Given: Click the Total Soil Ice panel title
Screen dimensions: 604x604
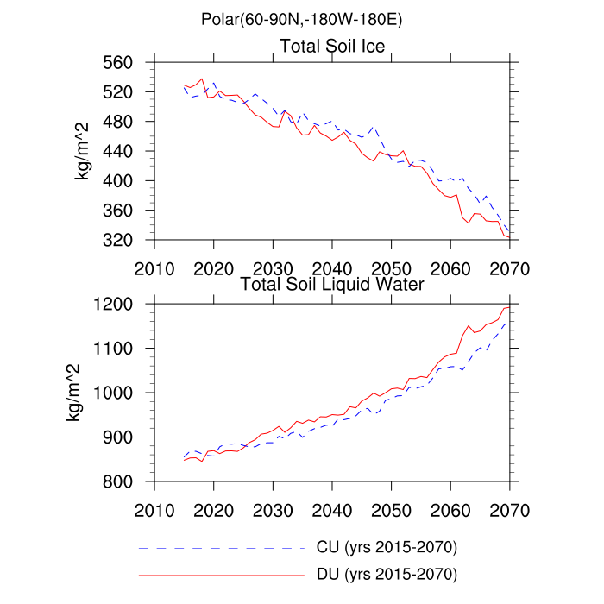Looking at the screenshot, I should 332,45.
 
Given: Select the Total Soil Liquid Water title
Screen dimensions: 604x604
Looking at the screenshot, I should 332,283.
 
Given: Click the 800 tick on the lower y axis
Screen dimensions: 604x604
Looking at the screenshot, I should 124,481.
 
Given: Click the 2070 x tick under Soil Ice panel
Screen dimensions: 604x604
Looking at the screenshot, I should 509,266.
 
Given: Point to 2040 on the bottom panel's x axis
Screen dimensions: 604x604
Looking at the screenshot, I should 332,508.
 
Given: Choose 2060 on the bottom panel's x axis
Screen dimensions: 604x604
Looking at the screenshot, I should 450,508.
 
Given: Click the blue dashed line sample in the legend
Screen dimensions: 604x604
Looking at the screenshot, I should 222,547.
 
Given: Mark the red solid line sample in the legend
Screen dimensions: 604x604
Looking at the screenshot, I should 222,573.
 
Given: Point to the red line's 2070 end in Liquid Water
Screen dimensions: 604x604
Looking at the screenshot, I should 509,306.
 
